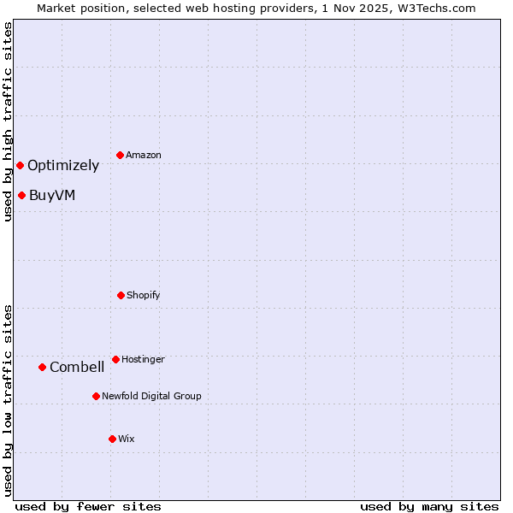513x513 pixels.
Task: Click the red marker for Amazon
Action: coord(120,155)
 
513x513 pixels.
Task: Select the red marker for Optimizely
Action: coord(20,165)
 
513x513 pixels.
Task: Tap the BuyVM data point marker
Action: coord(21,195)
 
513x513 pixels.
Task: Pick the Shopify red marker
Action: coord(121,295)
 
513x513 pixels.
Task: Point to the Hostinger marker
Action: coord(115,359)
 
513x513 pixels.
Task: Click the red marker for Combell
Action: coord(42,367)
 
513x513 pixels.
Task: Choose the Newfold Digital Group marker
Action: coord(96,396)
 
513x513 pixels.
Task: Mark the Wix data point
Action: coord(112,439)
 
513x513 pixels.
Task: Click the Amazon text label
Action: coord(144,155)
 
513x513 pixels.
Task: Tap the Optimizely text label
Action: coord(63,166)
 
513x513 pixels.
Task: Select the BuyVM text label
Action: coord(52,196)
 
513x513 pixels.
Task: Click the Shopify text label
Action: coord(144,295)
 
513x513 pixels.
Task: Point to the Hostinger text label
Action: coord(143,359)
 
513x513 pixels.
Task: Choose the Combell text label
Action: coord(77,368)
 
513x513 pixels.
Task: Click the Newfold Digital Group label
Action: coord(151,396)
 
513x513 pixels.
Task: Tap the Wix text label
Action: coord(127,439)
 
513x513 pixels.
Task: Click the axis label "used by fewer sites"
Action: coord(88,506)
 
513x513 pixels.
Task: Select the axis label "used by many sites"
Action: coord(429,506)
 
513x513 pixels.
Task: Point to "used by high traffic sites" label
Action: coord(8,121)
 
